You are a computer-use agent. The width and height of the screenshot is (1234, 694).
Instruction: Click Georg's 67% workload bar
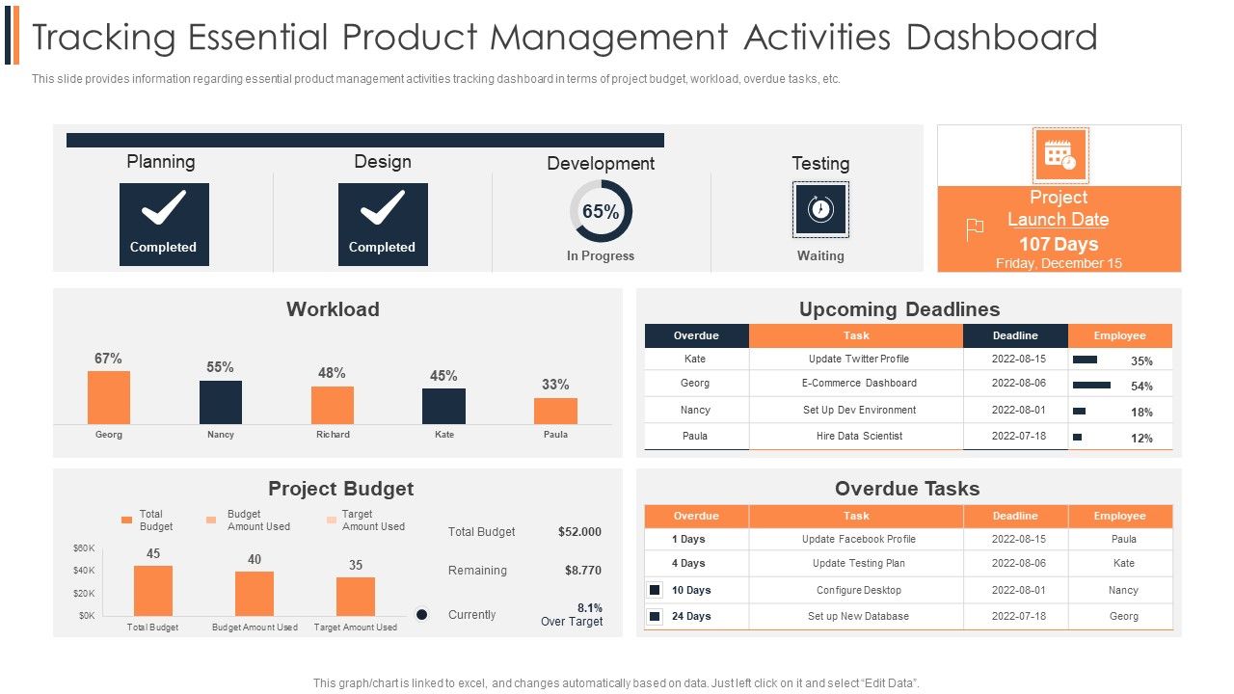tap(108, 397)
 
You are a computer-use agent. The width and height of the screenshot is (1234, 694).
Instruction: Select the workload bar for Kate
tap(443, 406)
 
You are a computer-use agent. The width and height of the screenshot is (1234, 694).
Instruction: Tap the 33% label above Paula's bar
tap(555, 385)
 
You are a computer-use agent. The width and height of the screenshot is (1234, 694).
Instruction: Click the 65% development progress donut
tap(601, 211)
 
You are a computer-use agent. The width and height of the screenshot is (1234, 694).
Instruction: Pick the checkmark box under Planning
tap(164, 225)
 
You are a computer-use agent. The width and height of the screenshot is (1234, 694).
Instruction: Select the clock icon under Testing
tap(820, 209)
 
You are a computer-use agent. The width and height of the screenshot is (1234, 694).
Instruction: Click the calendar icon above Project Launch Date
tap(1060, 155)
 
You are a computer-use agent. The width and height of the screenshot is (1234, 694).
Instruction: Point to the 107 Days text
tap(1059, 244)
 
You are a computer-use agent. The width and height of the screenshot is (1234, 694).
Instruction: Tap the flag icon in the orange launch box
tap(975, 229)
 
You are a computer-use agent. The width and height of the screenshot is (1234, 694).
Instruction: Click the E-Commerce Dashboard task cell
tap(859, 384)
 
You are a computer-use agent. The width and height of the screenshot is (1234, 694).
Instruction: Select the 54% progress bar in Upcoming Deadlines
tap(1091, 386)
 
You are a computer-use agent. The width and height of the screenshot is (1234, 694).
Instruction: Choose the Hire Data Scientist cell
tap(859, 436)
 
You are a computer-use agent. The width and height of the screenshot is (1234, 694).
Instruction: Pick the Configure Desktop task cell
tap(858, 590)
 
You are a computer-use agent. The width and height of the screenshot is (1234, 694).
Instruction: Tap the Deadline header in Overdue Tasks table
tap(1015, 516)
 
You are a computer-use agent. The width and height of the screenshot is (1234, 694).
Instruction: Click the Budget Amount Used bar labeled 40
tap(255, 593)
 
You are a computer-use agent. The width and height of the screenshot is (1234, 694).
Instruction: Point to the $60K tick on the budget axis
tap(84, 548)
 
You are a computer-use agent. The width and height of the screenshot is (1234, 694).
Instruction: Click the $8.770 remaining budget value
tap(582, 571)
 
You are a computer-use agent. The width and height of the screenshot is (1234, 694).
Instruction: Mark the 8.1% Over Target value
tap(589, 608)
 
